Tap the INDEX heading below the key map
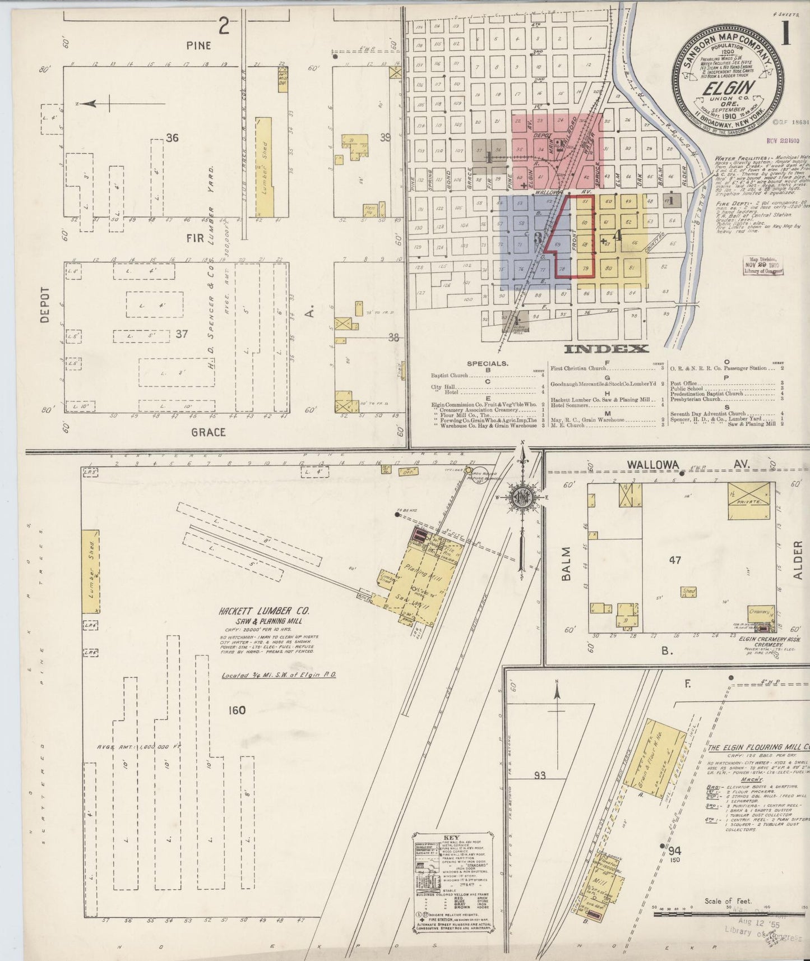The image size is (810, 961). click(606, 349)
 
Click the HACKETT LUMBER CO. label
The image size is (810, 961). click(263, 612)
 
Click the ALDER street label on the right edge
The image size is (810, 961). click(798, 560)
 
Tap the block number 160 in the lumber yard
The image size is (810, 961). click(237, 710)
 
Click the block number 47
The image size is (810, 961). click(675, 560)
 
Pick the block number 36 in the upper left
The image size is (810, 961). click(172, 137)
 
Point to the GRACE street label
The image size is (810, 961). click(208, 432)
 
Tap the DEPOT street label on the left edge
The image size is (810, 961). click(45, 305)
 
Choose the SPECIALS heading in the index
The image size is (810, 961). click(487, 363)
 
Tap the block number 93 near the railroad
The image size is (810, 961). click(539, 775)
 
